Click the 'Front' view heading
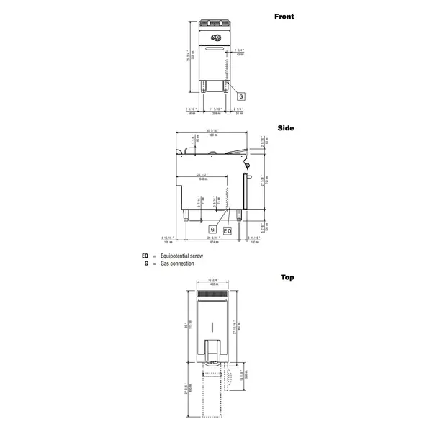coord(284,16)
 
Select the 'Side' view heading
coord(285,127)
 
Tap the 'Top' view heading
coord(287,277)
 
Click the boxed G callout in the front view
coord(241,96)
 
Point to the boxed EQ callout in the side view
coord(227,230)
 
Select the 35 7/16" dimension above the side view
coord(212,132)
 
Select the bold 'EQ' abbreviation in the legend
coord(145,256)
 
